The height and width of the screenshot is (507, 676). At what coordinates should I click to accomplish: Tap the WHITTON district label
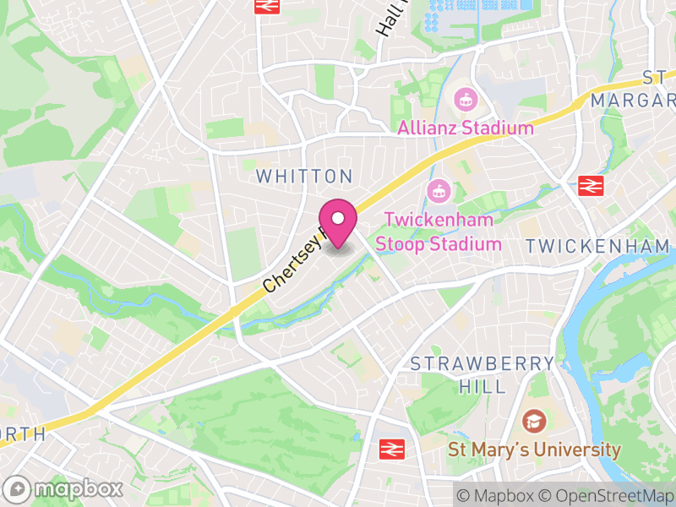coord(303,177)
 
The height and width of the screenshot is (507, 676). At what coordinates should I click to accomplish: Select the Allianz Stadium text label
coord(466,128)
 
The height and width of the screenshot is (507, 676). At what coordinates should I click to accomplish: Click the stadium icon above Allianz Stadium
coord(464,100)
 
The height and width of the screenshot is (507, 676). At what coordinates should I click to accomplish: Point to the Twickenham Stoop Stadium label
coord(439,232)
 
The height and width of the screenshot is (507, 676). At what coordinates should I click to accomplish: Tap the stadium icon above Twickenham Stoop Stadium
coord(437,190)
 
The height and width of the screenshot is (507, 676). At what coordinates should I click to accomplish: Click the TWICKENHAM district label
coord(597,246)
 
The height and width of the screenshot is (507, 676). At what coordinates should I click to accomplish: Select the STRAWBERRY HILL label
coord(482,374)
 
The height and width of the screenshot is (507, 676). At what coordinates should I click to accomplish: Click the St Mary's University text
coord(534,450)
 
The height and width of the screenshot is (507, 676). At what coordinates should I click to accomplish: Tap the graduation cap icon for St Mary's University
coord(533,420)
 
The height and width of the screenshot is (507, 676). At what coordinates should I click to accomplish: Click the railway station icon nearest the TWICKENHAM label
coord(588,185)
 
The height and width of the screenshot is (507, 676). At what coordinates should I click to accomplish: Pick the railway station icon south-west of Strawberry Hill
coord(390,448)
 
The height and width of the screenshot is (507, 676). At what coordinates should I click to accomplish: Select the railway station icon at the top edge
coord(267,5)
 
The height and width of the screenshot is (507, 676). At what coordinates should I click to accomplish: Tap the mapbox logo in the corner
coord(63,488)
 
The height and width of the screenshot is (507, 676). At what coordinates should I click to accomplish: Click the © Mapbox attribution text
coord(497,495)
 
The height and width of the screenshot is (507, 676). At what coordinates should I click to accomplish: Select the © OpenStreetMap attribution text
coord(606,495)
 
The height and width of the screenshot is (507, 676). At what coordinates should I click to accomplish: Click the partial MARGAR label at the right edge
coord(633,100)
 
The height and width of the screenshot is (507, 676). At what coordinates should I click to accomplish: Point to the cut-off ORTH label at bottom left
coord(22,434)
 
